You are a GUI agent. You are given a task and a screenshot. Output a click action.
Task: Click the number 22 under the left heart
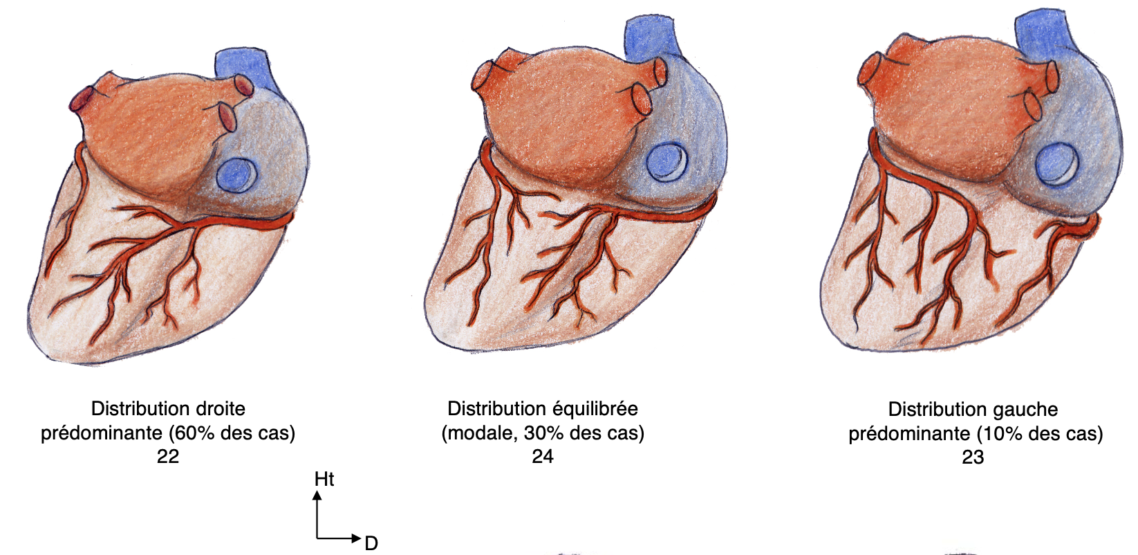pos(167,456)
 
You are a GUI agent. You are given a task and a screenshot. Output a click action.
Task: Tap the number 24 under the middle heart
pos(543,456)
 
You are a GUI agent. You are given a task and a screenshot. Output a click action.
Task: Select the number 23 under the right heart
pos(973,457)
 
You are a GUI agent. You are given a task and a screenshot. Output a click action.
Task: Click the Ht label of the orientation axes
pos(324,479)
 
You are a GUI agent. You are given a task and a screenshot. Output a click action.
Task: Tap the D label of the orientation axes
pos(371,543)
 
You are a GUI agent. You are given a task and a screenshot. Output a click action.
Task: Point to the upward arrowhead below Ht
pos(317,495)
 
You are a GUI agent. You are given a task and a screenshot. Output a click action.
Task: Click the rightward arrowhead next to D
pos(356,538)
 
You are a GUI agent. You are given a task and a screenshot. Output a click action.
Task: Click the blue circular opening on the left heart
pos(236,174)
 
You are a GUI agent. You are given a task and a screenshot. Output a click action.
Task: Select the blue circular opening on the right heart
pos(1056,163)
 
